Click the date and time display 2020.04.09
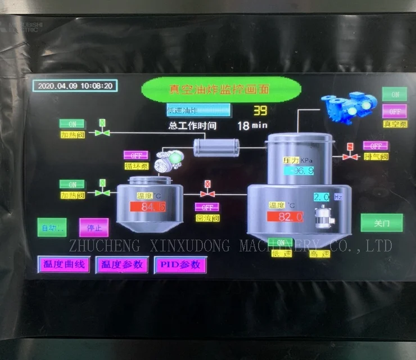[75, 86]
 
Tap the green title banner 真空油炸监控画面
[220, 89]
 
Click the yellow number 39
[260, 111]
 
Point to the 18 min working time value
[251, 126]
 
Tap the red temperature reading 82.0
[285, 217]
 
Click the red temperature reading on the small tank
[148, 207]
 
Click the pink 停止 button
[94, 228]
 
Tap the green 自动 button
[52, 228]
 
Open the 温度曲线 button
[64, 264]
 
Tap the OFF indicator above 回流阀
[207, 207]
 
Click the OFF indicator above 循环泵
[136, 155]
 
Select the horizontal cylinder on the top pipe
[216, 148]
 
